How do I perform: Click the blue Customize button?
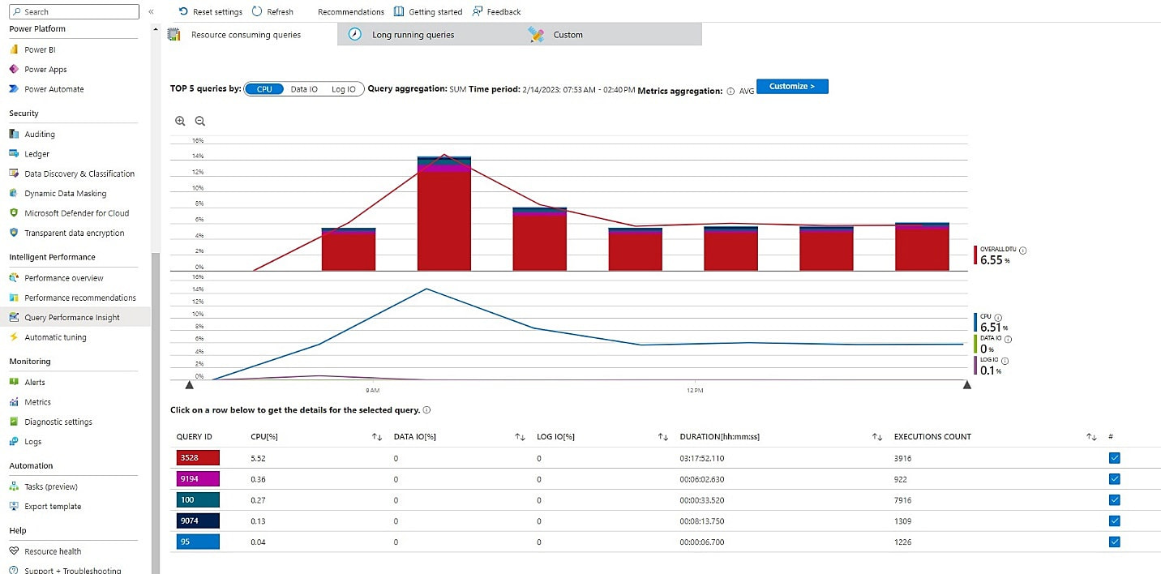(x=792, y=86)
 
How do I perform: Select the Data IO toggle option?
(x=304, y=89)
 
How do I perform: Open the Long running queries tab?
(x=413, y=35)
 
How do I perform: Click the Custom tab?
(x=568, y=35)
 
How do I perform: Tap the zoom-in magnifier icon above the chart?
(x=180, y=121)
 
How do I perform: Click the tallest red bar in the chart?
(x=443, y=219)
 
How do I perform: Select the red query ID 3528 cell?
(x=198, y=458)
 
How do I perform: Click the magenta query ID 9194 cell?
(x=198, y=479)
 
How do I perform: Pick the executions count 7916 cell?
(x=902, y=500)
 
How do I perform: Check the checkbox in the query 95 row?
(x=1114, y=542)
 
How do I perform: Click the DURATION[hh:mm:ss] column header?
(x=719, y=437)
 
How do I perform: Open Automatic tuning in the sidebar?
(x=55, y=337)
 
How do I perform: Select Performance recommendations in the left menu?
(x=79, y=298)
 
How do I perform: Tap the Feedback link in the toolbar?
(x=503, y=12)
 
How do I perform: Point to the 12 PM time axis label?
(x=694, y=391)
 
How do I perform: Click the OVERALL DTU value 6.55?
(x=992, y=260)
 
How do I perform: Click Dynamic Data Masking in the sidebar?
(x=65, y=194)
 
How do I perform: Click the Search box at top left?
(x=75, y=11)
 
